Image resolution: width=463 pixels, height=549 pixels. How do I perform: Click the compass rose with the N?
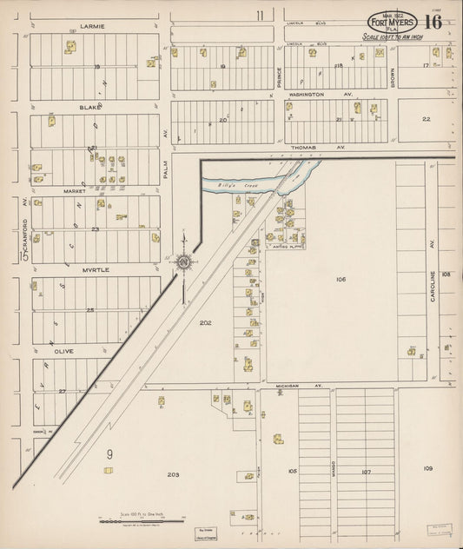[184, 261]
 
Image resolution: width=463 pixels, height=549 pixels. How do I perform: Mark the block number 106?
[341, 279]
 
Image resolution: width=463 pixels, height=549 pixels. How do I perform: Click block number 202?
[205, 322]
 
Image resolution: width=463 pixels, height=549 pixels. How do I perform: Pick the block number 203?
[173, 474]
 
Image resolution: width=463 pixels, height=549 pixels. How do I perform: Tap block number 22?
[426, 119]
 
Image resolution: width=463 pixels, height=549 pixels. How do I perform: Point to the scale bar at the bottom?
[143, 518]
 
